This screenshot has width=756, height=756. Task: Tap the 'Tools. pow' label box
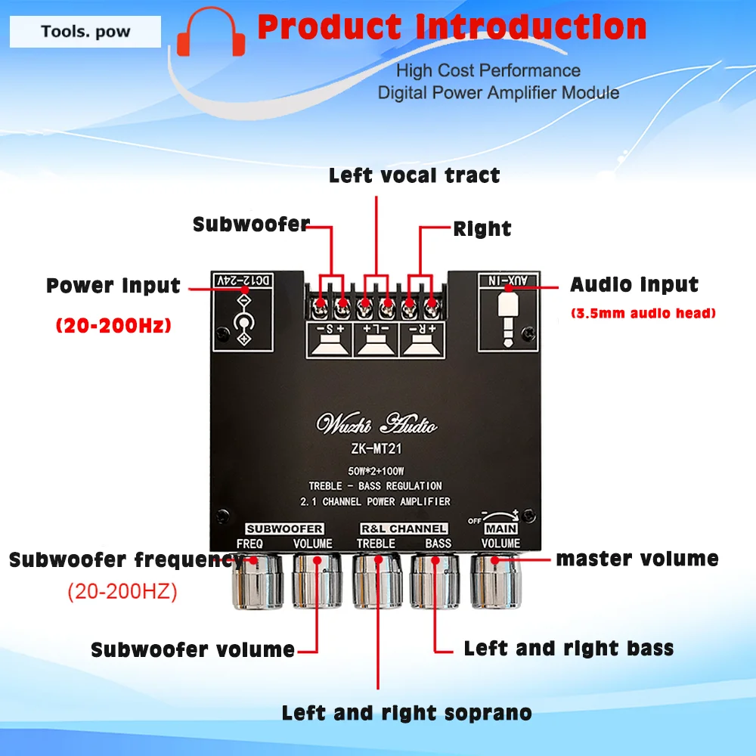(x=85, y=32)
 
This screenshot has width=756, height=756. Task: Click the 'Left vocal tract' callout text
(x=414, y=175)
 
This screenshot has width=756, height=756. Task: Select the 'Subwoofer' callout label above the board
(x=251, y=225)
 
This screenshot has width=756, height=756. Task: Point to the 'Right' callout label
(x=482, y=229)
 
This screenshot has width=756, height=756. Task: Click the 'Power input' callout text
(x=113, y=286)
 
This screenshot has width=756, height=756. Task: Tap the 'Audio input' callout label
(x=634, y=285)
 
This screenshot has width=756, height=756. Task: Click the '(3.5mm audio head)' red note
(x=641, y=313)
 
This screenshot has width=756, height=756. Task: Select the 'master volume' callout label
(x=637, y=559)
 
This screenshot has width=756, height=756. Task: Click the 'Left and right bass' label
(x=569, y=648)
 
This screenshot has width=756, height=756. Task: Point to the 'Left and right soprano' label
(x=407, y=712)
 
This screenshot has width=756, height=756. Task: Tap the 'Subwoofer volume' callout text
(x=193, y=649)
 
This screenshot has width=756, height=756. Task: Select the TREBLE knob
(x=376, y=581)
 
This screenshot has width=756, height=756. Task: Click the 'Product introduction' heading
(x=452, y=27)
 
